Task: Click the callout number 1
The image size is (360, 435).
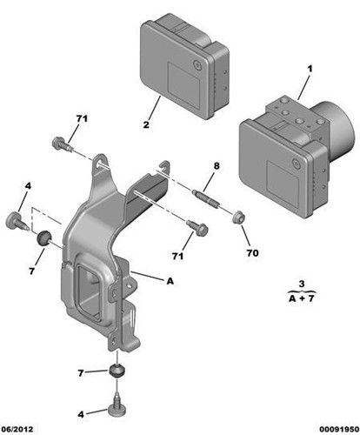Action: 310,69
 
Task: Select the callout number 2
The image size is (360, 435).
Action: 146,124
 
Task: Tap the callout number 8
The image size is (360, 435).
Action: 217,166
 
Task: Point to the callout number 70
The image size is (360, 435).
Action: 252,253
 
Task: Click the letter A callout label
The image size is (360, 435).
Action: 170,281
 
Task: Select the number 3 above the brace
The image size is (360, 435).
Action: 302,284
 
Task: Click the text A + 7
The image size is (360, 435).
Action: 302,298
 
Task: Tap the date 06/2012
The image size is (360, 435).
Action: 17,429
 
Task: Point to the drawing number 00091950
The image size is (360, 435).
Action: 338,429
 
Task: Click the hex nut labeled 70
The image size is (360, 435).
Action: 239,217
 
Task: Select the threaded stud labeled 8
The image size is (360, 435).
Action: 205,197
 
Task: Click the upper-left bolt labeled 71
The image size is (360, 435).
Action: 62,144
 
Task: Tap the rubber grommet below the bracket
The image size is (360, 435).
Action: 117,371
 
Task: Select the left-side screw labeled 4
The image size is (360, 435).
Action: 17,222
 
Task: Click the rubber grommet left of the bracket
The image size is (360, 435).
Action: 43,238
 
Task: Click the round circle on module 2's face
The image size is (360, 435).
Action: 198,65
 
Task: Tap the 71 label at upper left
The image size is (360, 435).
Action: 82,118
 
